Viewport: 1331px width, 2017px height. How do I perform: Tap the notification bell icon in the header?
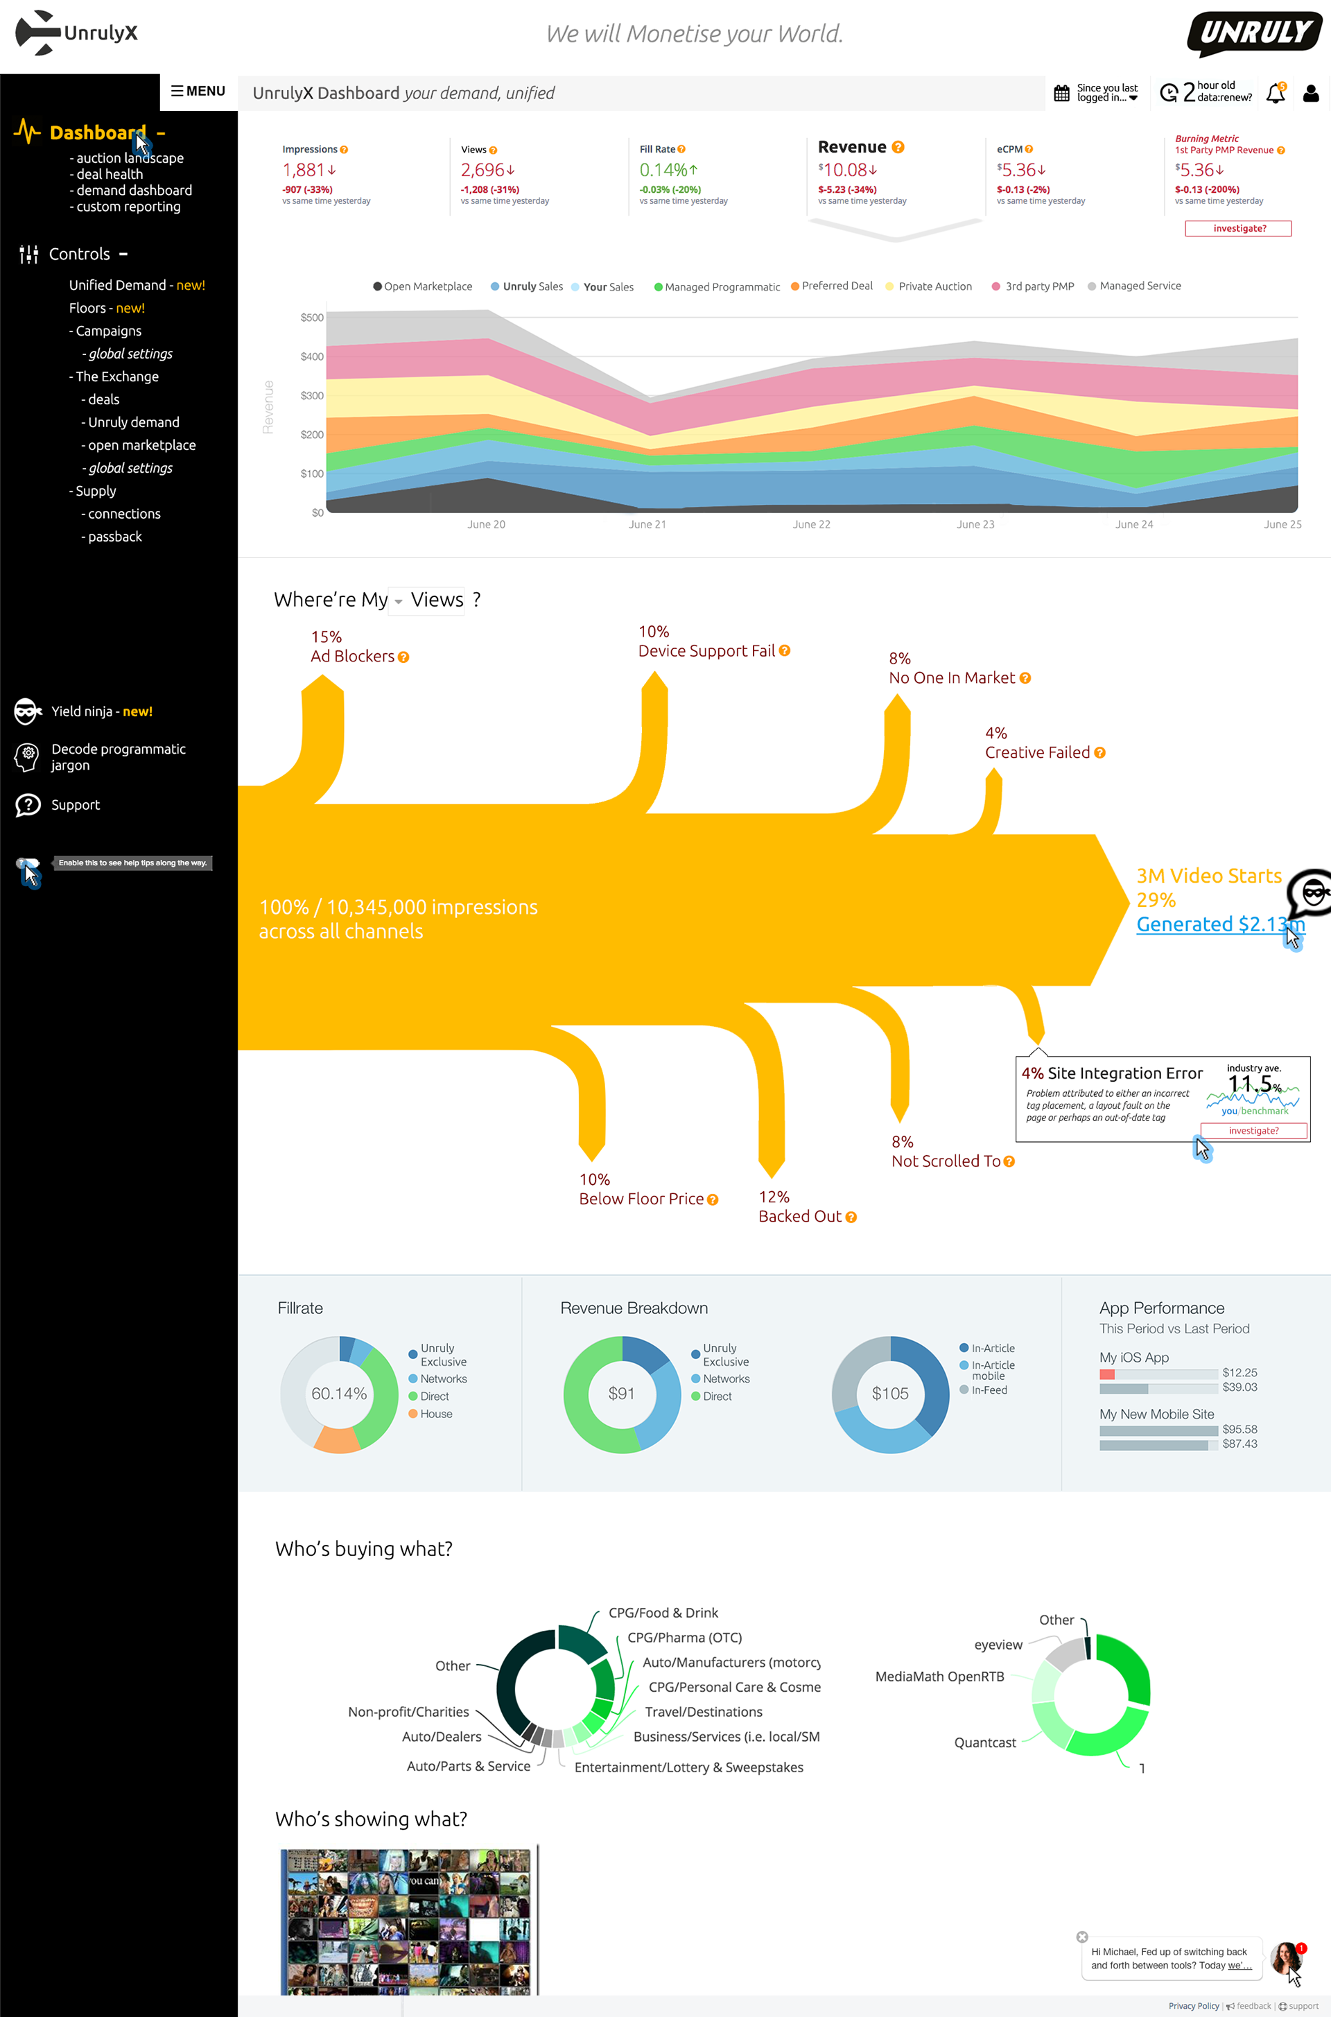(x=1275, y=94)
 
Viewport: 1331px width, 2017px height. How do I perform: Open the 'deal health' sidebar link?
(x=110, y=174)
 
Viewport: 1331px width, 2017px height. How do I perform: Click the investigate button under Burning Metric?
(x=1239, y=228)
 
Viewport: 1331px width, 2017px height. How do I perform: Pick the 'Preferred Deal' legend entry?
(x=836, y=286)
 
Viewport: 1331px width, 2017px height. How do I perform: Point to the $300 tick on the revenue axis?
(x=311, y=396)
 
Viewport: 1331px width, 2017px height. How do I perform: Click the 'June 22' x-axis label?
(x=812, y=525)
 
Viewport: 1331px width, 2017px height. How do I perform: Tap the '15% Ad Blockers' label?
(x=352, y=647)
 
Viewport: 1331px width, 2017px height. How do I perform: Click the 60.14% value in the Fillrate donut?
(x=339, y=1394)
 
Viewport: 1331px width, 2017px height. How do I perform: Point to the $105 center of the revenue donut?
(x=889, y=1394)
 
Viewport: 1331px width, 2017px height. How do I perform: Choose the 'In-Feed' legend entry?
(x=989, y=1390)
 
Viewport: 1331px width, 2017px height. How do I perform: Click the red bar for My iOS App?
(x=1107, y=1374)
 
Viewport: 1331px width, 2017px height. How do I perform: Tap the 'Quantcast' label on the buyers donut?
(x=984, y=1743)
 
